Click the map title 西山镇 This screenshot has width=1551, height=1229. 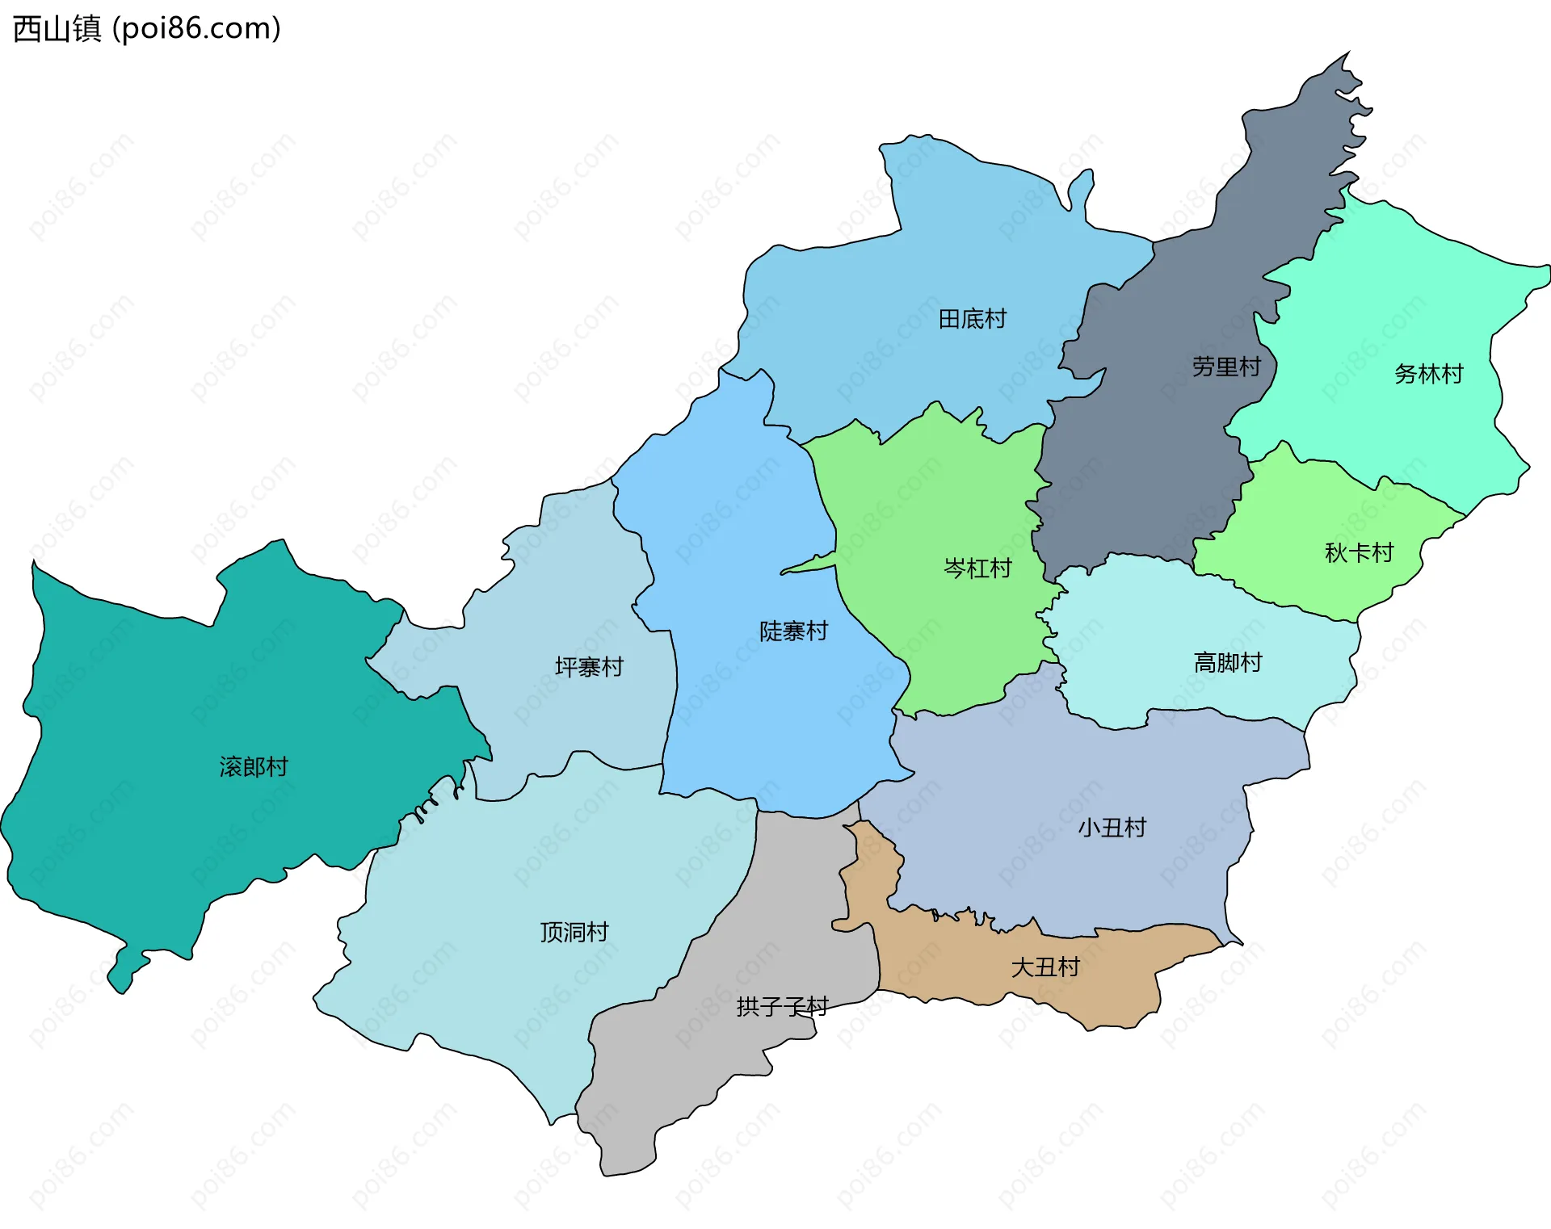coord(57,28)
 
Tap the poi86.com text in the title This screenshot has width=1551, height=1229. coord(196,28)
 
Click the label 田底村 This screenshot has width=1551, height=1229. coord(972,319)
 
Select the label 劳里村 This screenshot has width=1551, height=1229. coord(1225,367)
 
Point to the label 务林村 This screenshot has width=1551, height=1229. coord(1428,374)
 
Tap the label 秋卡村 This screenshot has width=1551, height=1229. coord(1359,552)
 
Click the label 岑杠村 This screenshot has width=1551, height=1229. coord(977,568)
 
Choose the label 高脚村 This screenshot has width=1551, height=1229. coord(1227,663)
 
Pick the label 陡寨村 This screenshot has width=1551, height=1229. coord(793,631)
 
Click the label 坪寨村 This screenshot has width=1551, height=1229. coord(589,667)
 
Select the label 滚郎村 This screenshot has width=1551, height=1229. coord(254,766)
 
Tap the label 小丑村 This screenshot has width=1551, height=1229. coord(1112,828)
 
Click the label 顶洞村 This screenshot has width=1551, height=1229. coord(574,932)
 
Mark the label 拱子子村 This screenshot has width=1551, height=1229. coord(782,1006)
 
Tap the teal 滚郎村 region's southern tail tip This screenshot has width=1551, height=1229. coord(121,985)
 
